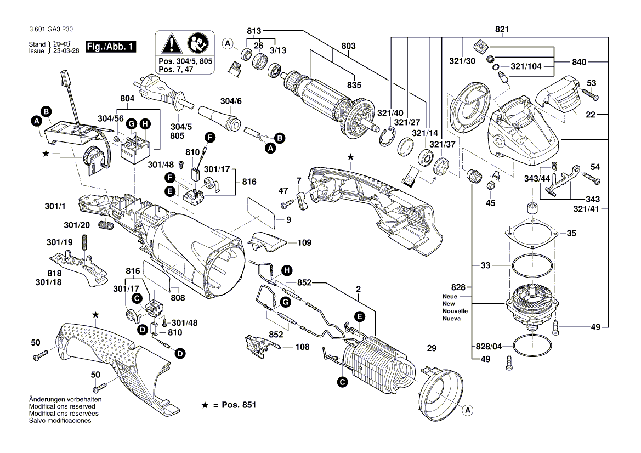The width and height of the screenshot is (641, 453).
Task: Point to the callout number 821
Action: coord(502,29)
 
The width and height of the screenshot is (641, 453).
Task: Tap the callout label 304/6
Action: coord(231,101)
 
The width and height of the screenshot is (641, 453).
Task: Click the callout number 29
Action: coord(432,348)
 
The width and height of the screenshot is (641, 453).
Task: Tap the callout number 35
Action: coord(571,233)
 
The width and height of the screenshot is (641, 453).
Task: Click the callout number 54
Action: coord(595,166)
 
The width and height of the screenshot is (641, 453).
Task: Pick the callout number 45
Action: coord(490,203)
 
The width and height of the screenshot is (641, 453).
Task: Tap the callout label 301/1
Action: coord(56,206)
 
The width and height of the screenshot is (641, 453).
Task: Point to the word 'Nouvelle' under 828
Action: coord(455,310)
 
